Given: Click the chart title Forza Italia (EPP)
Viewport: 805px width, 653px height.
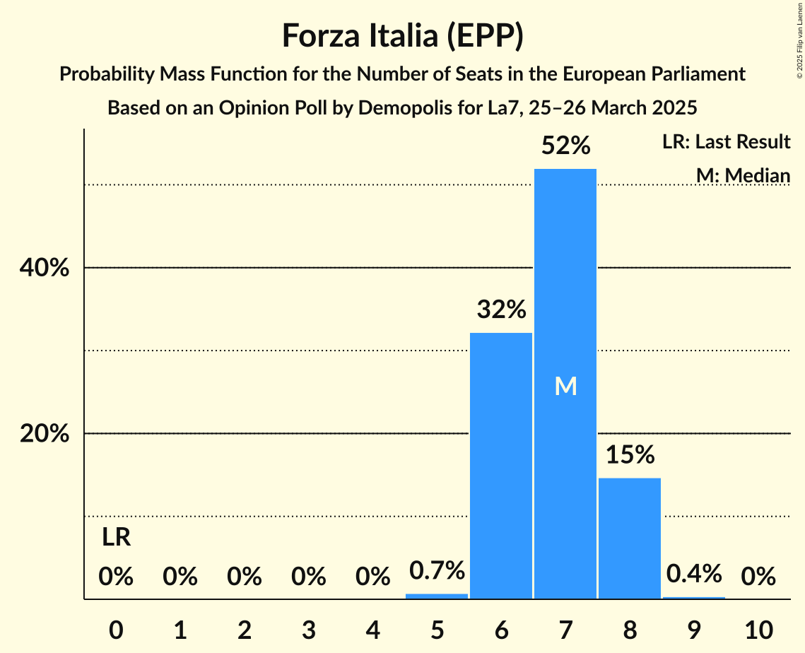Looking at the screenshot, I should pos(402,35).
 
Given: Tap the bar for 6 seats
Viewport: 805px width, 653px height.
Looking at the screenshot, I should pos(501,466).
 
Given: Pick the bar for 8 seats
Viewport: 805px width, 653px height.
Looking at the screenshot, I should pos(630,537).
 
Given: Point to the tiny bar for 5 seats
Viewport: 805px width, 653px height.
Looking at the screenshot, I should pos(437,596).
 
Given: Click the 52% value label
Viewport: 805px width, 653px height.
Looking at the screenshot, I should pos(565,146).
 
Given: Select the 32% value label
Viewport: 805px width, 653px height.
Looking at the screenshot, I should pos(501,310).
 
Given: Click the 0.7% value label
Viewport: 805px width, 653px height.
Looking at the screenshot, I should pos(437,570).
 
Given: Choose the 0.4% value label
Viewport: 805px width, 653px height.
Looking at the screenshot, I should pos(694,573).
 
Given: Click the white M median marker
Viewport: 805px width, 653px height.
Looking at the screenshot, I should pos(565,386).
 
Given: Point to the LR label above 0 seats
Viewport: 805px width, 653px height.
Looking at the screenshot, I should pos(116,538).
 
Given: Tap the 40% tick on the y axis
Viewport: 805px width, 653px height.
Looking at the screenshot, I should pos(45,269).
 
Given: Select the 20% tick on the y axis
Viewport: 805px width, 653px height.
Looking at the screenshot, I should pos(45,434).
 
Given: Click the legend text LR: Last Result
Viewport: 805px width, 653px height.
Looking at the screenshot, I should pos(726,142).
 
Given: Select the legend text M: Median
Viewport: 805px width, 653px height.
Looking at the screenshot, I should pos(743,175).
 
